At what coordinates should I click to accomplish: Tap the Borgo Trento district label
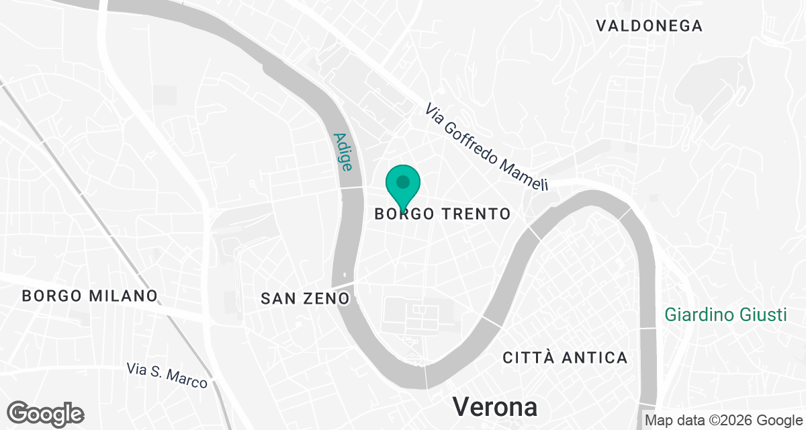tap(443, 214)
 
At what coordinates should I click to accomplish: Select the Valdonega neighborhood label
tap(649, 26)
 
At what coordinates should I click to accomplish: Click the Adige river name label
tap(343, 152)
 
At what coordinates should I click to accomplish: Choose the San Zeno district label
tap(305, 298)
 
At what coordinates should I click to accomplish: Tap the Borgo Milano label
tap(89, 296)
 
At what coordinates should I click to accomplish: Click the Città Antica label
tap(565, 357)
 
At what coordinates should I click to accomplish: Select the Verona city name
tap(495, 406)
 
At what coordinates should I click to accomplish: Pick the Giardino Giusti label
tap(725, 314)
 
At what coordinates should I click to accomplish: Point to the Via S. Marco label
tap(167, 375)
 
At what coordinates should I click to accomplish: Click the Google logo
tap(46, 413)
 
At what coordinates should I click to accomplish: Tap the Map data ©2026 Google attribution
tap(723, 421)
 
